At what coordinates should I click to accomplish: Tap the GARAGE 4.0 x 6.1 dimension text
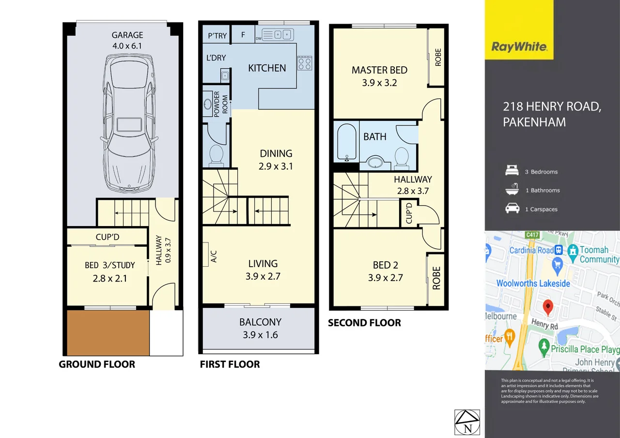point(127,41)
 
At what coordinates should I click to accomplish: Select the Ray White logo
point(519,47)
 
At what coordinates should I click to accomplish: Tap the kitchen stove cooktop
point(304,63)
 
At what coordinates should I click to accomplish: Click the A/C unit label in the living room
point(214,257)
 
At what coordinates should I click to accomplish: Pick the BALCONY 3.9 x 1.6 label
point(260,328)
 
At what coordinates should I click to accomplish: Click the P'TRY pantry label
point(217,35)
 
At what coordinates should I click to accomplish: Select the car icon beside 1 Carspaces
point(512,209)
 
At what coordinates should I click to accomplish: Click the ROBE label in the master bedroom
point(438,58)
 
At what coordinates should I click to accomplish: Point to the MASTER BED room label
point(379,70)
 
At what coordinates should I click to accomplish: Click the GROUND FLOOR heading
point(97,364)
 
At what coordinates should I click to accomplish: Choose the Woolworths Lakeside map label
point(533,283)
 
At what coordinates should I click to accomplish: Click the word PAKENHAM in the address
point(534,121)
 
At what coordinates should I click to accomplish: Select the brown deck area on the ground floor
point(108,333)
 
